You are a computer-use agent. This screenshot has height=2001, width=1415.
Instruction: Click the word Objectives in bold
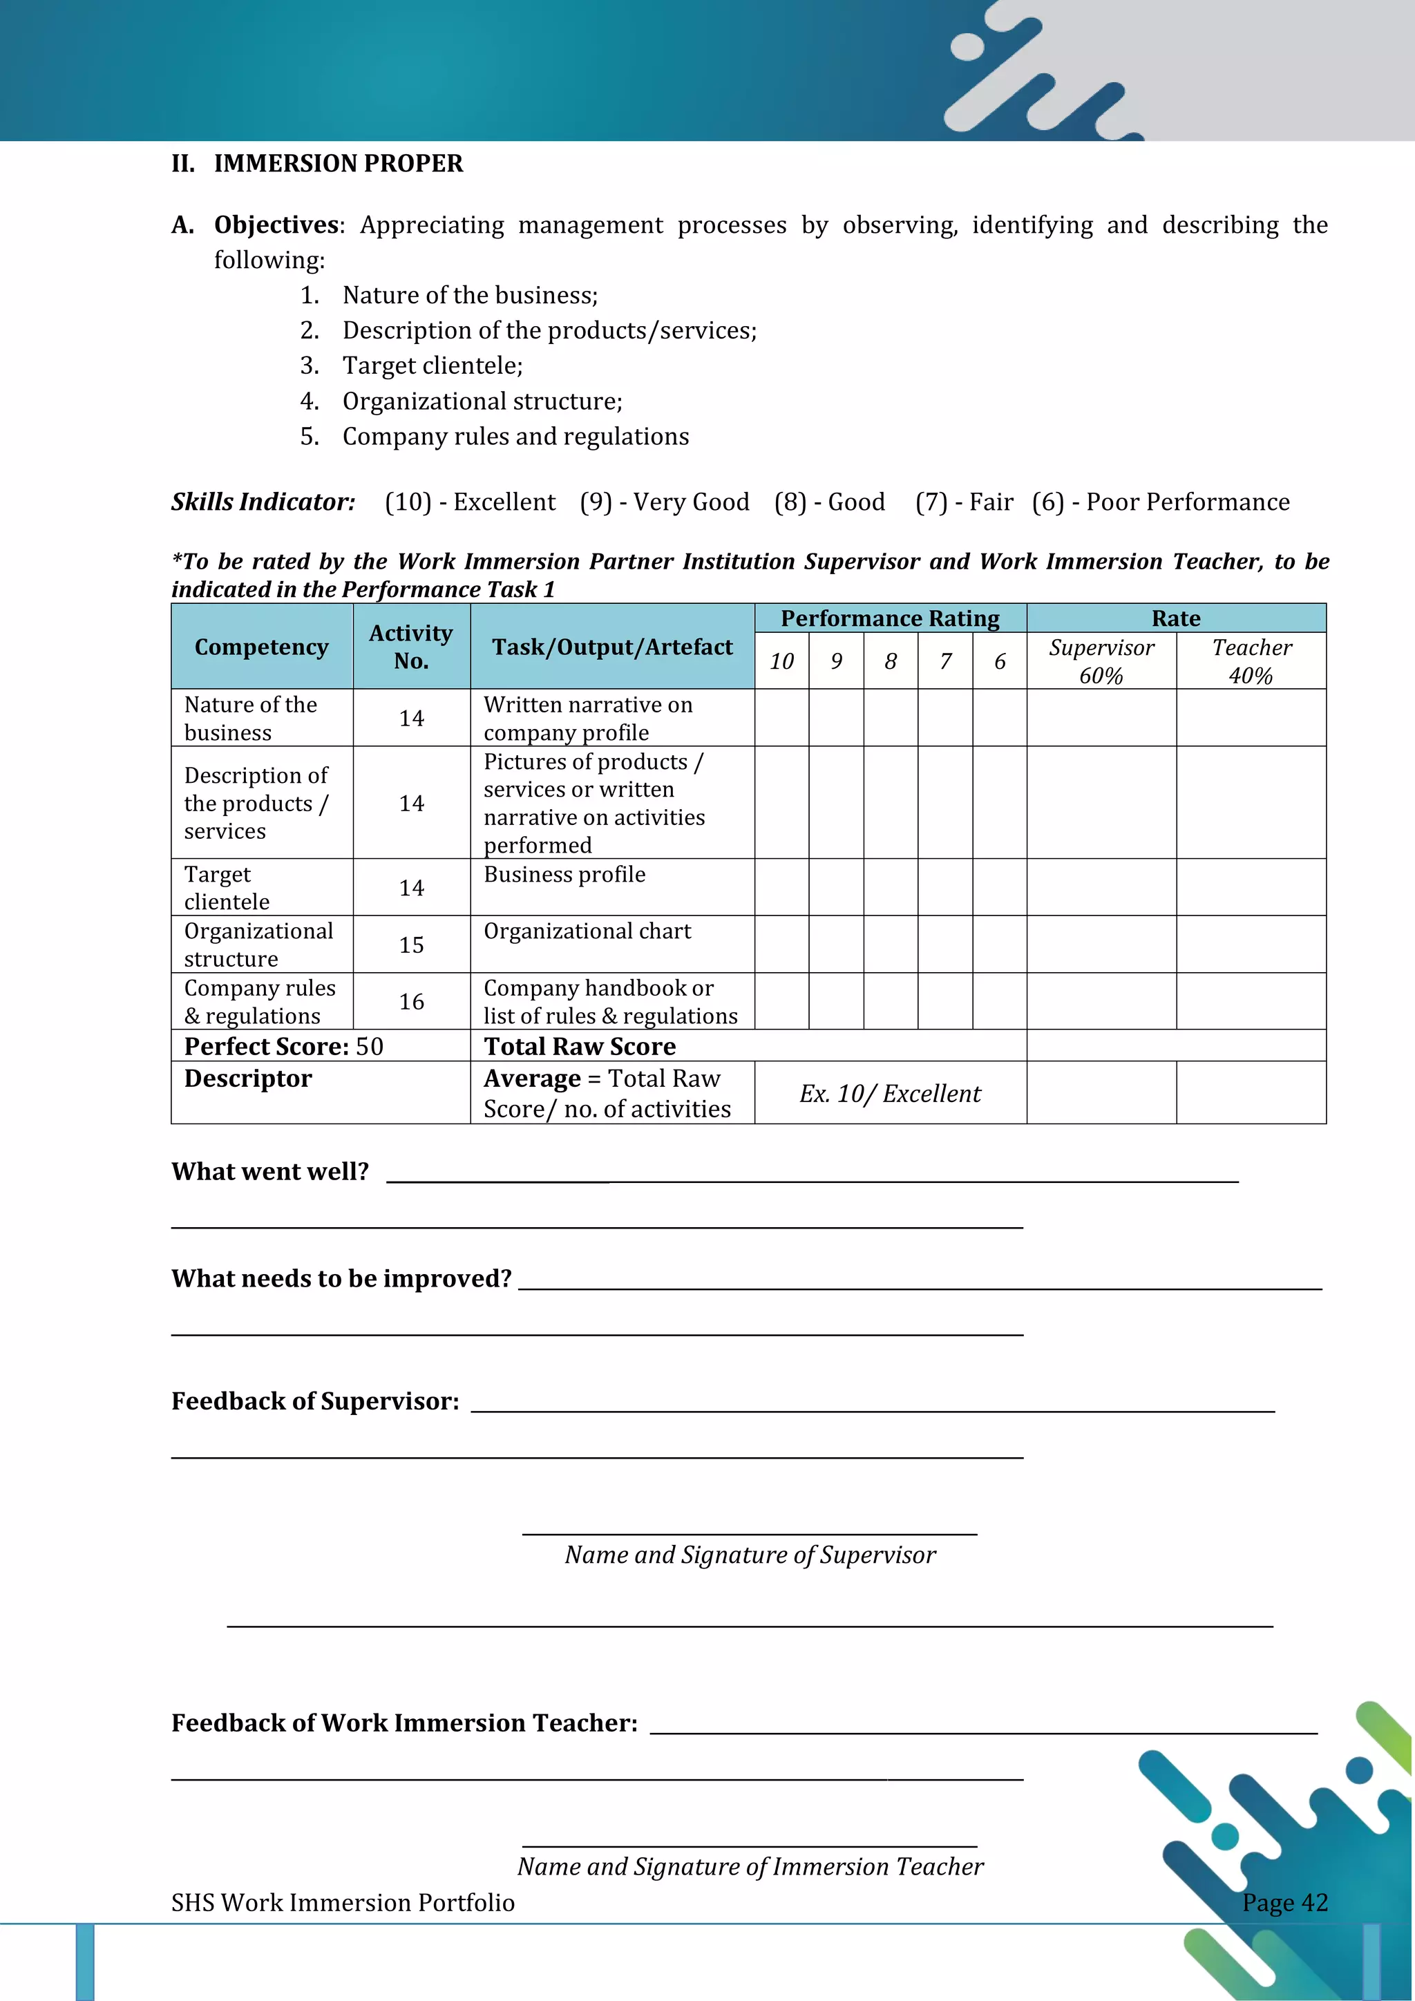276,225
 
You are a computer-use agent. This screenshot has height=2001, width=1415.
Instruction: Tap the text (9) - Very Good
665,502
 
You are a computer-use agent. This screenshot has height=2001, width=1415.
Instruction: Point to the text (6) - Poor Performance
1161,502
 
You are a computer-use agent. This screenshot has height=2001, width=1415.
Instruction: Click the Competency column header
261,647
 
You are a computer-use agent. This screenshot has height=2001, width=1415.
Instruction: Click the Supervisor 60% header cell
1101,661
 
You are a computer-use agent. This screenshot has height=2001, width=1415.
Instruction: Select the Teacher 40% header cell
1251,661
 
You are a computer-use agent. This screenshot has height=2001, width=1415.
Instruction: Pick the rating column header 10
781,661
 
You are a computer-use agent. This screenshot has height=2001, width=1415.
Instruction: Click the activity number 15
411,945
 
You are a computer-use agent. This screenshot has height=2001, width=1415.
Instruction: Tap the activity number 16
411,1001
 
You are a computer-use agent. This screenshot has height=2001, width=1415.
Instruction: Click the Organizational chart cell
587,931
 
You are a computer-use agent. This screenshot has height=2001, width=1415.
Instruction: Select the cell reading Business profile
564,875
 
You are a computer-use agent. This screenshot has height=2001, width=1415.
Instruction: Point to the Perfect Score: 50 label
283,1046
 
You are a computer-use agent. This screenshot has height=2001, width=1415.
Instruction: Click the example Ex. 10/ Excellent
890,1094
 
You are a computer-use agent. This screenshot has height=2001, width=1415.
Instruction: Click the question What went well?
270,1171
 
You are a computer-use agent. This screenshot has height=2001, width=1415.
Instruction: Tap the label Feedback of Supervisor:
314,1401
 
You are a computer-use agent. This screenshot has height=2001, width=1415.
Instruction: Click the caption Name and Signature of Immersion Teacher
750,1867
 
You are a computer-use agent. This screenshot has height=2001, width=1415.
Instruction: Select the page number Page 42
1284,1902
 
